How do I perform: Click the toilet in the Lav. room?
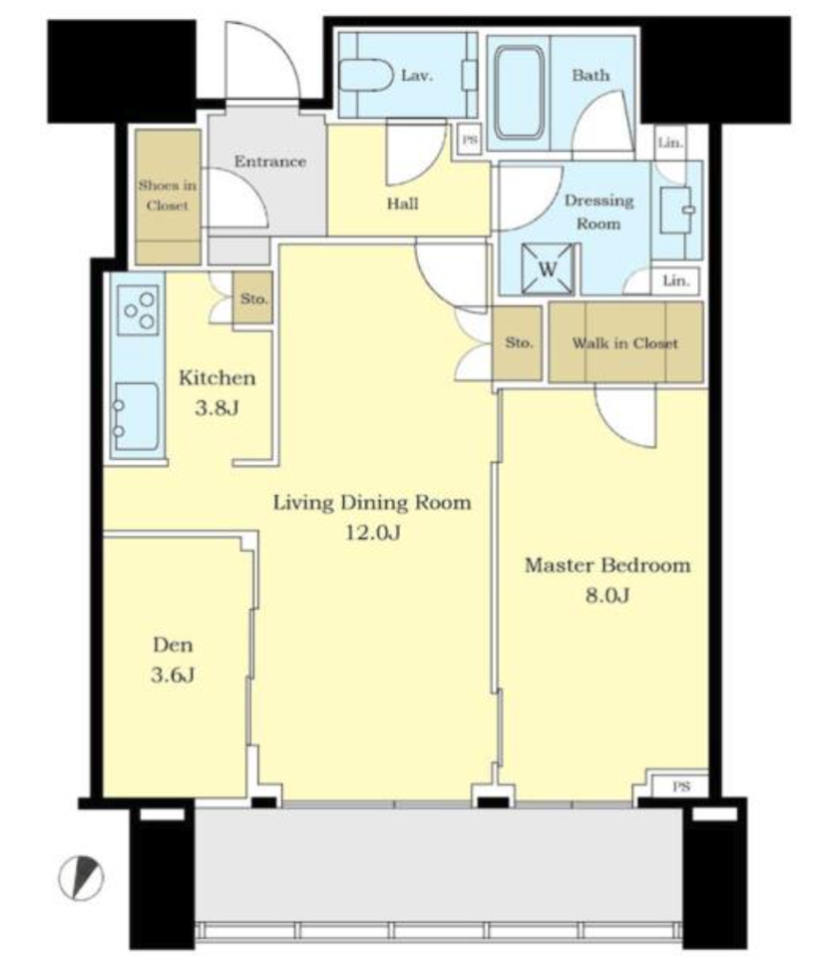click(368, 75)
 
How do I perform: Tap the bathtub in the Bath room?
click(520, 92)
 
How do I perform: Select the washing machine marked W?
click(548, 269)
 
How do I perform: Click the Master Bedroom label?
click(607, 565)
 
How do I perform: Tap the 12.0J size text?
click(372, 532)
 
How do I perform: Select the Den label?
click(173, 645)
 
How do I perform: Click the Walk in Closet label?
click(625, 343)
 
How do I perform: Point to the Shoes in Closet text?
click(167, 195)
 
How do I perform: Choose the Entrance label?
click(270, 162)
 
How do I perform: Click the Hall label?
click(403, 203)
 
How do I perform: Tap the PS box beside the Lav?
click(469, 140)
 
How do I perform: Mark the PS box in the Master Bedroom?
click(681, 786)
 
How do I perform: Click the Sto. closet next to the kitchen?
click(253, 297)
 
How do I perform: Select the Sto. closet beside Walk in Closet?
click(518, 342)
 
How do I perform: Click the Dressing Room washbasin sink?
click(676, 210)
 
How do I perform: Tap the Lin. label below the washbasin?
click(675, 280)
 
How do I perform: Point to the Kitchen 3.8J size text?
click(217, 408)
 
